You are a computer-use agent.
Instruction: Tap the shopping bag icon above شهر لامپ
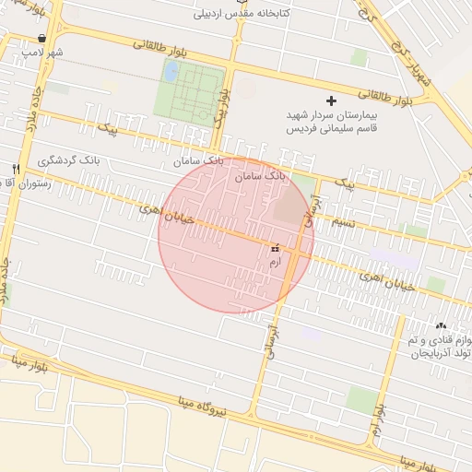43,39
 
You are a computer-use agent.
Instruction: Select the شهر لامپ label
43,53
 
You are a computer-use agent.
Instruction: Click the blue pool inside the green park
171,71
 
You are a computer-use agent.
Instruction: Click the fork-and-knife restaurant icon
16,169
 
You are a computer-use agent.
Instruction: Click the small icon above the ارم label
274,249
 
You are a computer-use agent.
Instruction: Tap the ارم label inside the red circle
274,263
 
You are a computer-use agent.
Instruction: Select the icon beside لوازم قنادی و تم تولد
441,325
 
